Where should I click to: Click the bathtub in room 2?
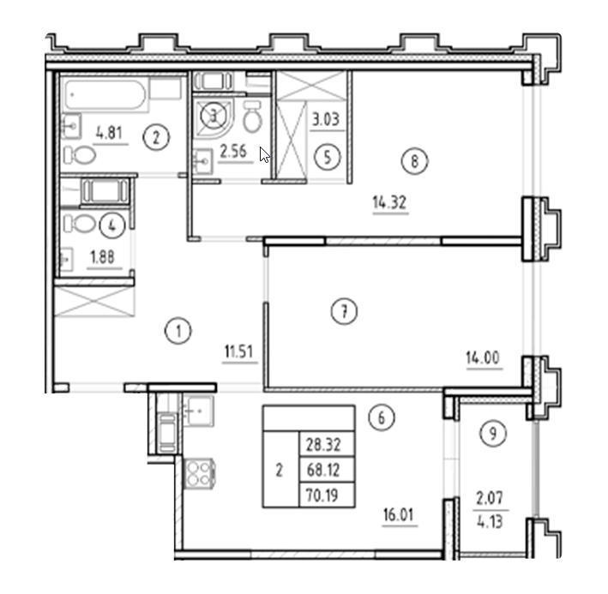click(x=105, y=94)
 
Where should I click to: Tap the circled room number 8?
click(x=414, y=161)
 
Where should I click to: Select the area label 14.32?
click(x=389, y=202)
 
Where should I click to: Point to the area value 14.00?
click(x=483, y=357)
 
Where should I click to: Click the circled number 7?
click(x=345, y=311)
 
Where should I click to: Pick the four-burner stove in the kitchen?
click(x=199, y=474)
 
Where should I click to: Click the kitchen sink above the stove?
click(x=198, y=411)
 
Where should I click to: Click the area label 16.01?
click(x=399, y=515)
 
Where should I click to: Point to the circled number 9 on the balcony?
click(x=493, y=433)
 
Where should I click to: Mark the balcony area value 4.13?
click(x=490, y=521)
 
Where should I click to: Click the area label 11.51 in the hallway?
click(x=239, y=351)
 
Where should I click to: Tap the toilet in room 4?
click(x=80, y=224)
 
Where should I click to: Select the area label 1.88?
click(x=102, y=257)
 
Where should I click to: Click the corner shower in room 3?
click(x=213, y=118)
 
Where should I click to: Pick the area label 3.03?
click(x=326, y=119)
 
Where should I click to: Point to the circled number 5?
click(x=328, y=158)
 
